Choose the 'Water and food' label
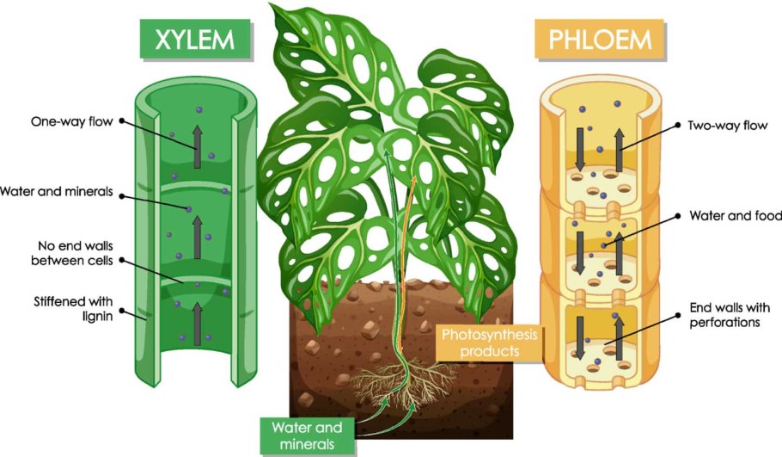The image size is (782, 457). coord(730,215)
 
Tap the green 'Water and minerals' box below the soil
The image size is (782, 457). coord(307,435)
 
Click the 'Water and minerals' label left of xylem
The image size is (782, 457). coord(57,190)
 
